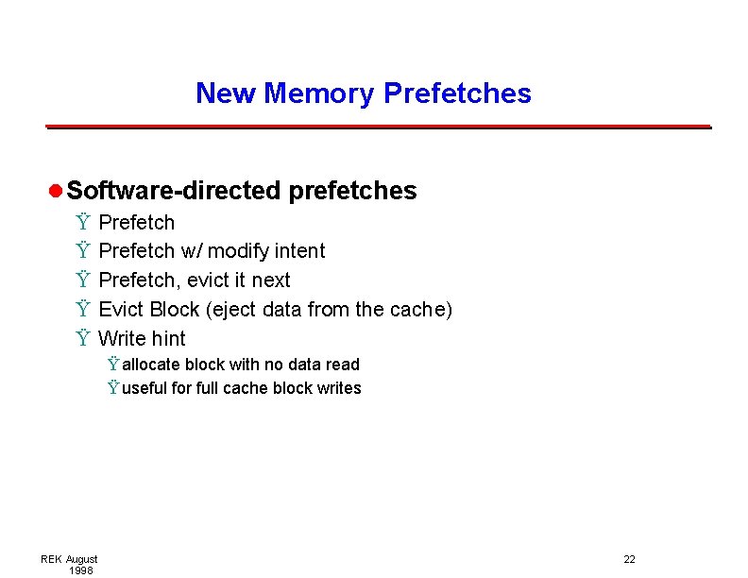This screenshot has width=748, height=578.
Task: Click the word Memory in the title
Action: (x=321, y=93)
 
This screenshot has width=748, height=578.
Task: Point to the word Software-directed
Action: (x=174, y=191)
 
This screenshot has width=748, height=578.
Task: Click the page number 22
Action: (x=629, y=559)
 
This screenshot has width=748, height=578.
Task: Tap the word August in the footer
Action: (x=81, y=559)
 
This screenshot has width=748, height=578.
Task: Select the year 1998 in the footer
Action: (x=80, y=570)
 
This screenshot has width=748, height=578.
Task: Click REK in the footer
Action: (x=51, y=559)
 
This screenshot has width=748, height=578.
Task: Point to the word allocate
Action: (x=151, y=365)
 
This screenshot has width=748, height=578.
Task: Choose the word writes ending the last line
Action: (x=340, y=388)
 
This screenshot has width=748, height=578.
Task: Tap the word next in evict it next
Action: (x=271, y=280)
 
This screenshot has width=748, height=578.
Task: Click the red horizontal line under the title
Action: (x=378, y=127)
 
